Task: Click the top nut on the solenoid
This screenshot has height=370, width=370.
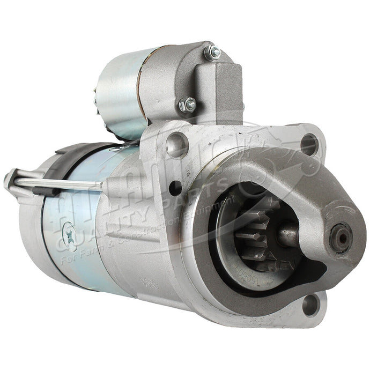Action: click(x=212, y=53)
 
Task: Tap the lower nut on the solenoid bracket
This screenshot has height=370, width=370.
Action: click(x=188, y=105)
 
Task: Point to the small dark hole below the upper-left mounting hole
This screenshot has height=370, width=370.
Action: click(x=175, y=188)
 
